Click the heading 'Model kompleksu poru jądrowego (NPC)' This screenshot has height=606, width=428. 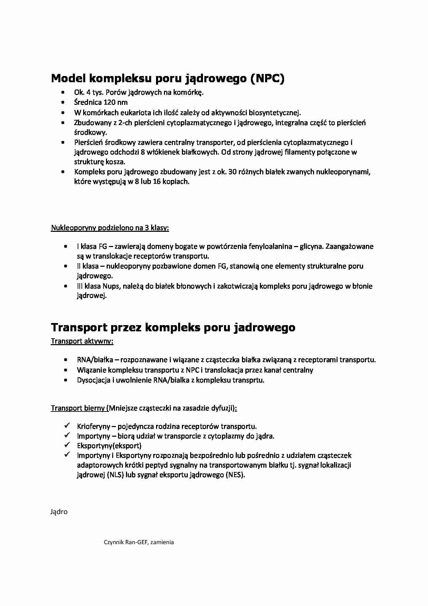click(x=168, y=78)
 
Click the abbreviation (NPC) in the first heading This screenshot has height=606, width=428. click(x=267, y=78)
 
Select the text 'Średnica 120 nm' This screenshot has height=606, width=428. click(x=100, y=102)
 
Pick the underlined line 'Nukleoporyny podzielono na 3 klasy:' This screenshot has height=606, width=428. click(x=110, y=228)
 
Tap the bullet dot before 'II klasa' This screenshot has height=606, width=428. click(x=66, y=266)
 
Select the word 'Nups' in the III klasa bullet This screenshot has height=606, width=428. click(x=110, y=286)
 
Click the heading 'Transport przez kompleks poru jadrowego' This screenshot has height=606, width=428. click(x=173, y=327)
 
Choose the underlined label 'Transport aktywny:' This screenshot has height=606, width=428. click(x=82, y=341)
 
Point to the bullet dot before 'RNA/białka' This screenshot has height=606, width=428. click(x=66, y=360)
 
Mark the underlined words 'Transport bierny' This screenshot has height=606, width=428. click(x=78, y=408)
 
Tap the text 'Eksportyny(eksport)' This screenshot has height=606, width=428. click(x=109, y=446)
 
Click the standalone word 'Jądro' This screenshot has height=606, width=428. click(x=59, y=512)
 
